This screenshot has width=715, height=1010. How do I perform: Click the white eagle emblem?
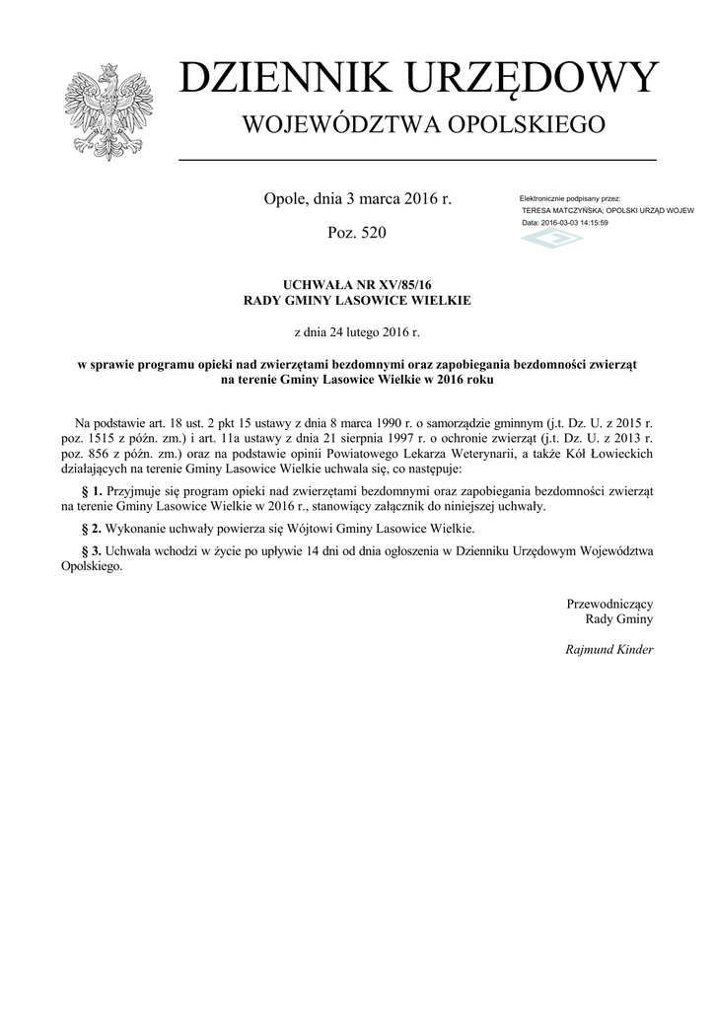[108, 111]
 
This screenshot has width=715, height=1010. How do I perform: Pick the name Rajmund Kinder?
[608, 650]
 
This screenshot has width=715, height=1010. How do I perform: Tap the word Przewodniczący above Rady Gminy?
[609, 603]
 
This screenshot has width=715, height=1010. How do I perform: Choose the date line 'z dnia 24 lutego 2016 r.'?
[357, 332]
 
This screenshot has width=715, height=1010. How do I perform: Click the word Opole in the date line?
[285, 199]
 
